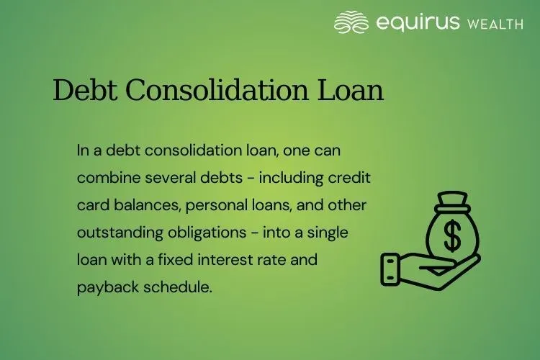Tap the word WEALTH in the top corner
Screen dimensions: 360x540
(x=495, y=24)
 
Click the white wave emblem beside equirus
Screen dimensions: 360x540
(x=351, y=22)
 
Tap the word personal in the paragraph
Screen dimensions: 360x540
(x=215, y=205)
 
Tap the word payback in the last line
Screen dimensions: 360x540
(x=103, y=287)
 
